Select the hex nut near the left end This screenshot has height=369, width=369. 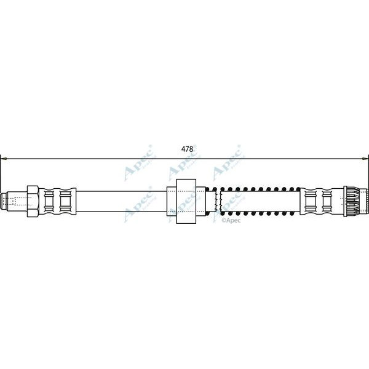click(x=33, y=200)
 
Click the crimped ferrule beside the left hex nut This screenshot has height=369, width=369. click(x=60, y=200)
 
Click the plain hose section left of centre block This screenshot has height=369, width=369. click(x=123, y=200)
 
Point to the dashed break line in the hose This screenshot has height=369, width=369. click(x=219, y=200)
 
